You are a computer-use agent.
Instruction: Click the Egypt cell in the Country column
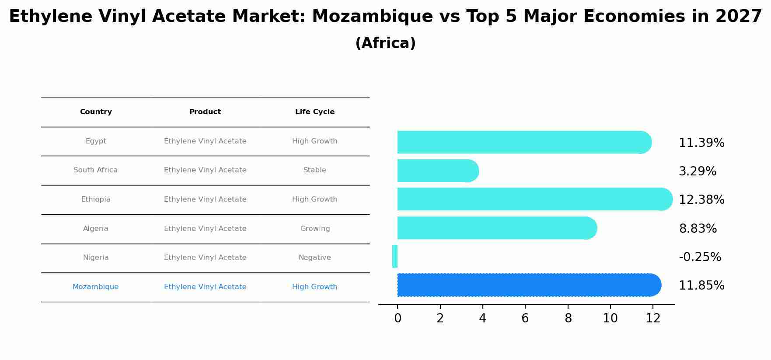click(96, 141)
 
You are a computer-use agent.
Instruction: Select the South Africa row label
click(95, 170)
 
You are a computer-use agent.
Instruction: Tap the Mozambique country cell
click(95, 287)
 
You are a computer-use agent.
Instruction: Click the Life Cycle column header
click(315, 112)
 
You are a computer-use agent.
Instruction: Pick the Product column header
click(205, 112)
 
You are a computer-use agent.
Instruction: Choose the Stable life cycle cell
click(315, 170)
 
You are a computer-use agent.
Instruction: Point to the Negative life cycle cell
click(315, 258)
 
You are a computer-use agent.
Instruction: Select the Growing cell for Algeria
click(315, 229)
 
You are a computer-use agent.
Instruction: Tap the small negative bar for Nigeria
click(395, 256)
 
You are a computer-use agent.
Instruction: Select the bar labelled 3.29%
click(437, 171)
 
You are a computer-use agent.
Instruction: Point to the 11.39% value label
click(701, 143)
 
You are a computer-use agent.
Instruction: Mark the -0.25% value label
click(700, 257)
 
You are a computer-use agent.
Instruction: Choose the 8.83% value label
click(698, 229)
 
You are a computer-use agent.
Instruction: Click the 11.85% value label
click(701, 286)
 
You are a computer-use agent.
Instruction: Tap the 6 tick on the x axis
click(525, 318)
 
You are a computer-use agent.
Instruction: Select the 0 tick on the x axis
click(398, 318)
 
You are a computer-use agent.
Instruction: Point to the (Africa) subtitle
click(385, 43)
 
